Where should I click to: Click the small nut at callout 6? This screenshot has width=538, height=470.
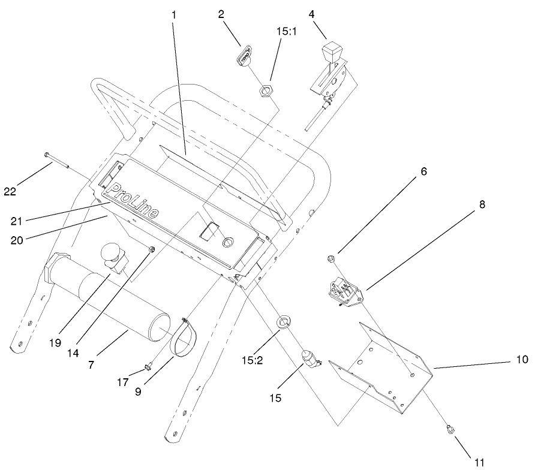[330, 259]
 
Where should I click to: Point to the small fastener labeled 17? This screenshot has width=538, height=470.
[148, 367]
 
